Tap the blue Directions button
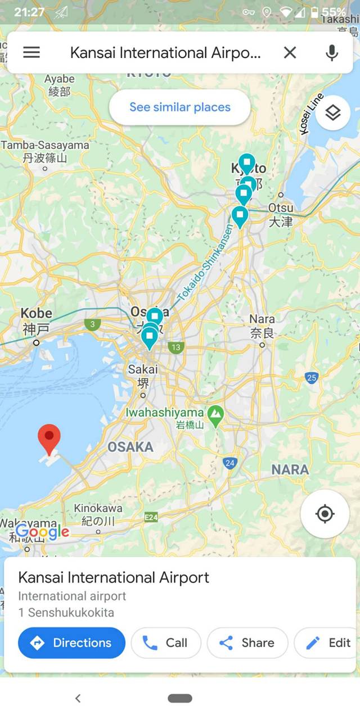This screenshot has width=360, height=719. coord(71,643)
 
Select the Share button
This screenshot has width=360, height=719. coord(247,643)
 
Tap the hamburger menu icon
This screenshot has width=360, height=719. coord(31,52)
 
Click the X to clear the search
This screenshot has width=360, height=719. coord(290,52)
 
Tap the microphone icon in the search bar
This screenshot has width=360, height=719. coord(332,52)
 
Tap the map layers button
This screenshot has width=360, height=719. coord(333,113)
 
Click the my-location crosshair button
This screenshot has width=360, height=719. coord(325,514)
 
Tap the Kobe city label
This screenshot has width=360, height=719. coord(37,320)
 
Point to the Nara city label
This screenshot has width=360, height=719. coord(262,326)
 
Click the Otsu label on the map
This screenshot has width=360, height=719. coord(281,214)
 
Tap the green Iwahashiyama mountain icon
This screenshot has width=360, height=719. coord(215,416)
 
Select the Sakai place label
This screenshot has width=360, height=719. coord(143,376)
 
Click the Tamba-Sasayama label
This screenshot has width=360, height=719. coord(45,151)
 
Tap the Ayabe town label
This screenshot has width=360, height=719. coord(60,84)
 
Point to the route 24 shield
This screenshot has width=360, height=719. coord(229,463)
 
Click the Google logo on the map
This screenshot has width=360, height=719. coord(43,532)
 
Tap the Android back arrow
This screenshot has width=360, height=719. coord(78,698)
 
